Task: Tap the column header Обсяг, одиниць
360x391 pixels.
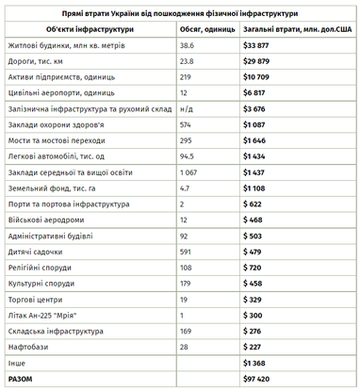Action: [207, 29]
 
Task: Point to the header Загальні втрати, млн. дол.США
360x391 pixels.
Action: [298, 29]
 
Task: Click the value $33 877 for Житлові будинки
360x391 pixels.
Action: [256, 45]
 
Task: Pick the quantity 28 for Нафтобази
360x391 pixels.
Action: [185, 346]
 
